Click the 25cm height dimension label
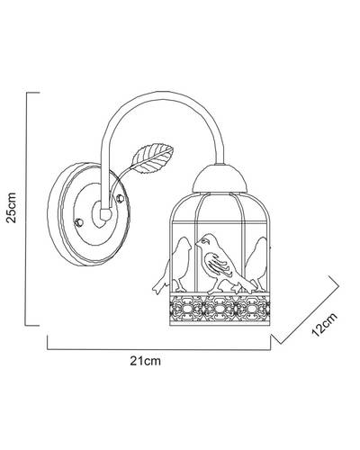12,208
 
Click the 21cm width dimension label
146,361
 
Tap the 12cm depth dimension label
325,324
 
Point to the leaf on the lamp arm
153,158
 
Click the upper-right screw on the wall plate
121,198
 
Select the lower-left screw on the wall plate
78,222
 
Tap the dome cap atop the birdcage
220,178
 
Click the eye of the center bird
206,240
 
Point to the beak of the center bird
198,242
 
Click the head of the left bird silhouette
184,243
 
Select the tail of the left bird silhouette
159,286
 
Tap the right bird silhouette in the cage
256,264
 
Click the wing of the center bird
218,264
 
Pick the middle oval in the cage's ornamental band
220,309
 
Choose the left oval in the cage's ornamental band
188,309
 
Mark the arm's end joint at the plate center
105,214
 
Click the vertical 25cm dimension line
26,209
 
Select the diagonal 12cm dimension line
307,310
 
